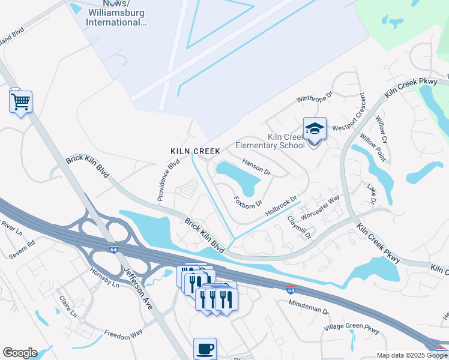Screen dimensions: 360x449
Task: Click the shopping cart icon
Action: tap(20, 102)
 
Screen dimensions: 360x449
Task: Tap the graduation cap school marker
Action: tap(315, 129)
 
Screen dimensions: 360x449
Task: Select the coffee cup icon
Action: tap(205, 349)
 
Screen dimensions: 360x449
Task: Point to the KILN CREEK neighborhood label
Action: tap(195, 151)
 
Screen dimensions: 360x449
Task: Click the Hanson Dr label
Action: tap(256, 167)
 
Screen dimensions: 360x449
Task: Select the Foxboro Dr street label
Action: tap(248, 200)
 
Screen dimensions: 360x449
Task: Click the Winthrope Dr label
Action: tap(313, 99)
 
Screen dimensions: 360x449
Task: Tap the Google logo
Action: tap(20, 353)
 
